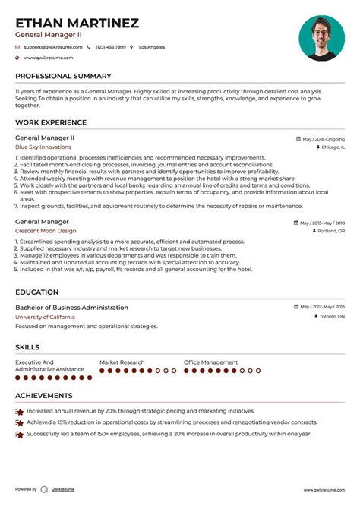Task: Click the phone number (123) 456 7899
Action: [110, 47]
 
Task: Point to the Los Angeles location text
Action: [151, 47]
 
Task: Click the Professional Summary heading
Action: [63, 76]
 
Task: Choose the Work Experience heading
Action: [51, 122]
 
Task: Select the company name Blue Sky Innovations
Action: [43, 147]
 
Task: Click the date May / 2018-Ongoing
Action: [324, 139]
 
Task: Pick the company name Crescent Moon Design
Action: [46, 231]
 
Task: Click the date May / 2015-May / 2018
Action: [322, 223]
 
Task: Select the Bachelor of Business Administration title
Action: [71, 308]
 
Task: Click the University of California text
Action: [45, 316]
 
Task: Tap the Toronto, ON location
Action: [331, 316]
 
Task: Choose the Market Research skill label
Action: [122, 362]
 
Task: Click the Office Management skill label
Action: [210, 362]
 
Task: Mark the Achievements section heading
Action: [44, 396]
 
